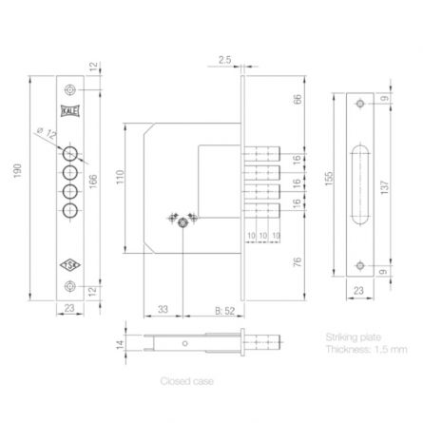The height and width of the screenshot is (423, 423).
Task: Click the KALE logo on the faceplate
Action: pos(70,111)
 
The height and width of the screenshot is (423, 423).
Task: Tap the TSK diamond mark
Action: pos(70,265)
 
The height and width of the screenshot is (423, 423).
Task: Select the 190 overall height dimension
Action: pos(18,171)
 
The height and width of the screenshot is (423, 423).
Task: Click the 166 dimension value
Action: pos(93,182)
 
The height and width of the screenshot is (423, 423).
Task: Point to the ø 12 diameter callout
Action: pos(47,132)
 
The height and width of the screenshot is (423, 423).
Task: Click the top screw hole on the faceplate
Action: pos(70,90)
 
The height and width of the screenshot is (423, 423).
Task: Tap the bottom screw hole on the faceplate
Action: pos(70,286)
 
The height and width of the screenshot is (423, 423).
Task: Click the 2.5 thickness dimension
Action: pos(224,60)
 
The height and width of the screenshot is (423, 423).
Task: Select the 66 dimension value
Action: pos(298,99)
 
